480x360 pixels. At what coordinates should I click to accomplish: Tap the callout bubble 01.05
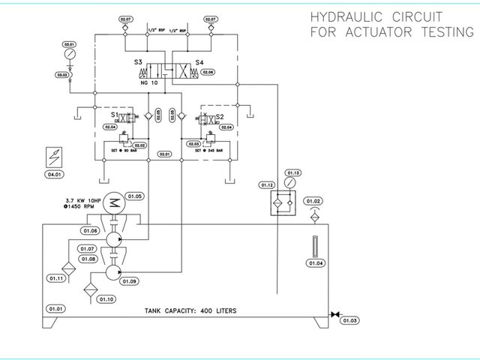(134, 195)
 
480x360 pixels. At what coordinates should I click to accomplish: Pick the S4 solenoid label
(199, 63)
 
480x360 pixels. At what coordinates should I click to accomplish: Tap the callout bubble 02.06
(208, 72)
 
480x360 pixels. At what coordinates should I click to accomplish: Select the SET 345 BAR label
(202, 150)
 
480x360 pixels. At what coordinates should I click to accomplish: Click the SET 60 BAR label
(125, 150)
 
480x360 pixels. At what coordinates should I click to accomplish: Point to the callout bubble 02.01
(164, 154)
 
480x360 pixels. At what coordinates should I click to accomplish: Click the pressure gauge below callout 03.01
(70, 55)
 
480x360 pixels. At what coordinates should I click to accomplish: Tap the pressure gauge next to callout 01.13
(291, 182)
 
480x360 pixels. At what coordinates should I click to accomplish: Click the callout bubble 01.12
(268, 184)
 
